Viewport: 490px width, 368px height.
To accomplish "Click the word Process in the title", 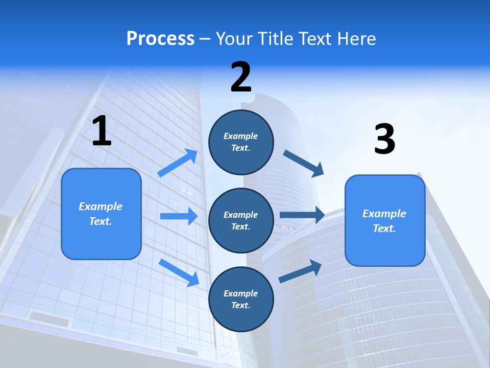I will click(160, 39).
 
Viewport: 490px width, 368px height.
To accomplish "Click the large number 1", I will click(102, 131).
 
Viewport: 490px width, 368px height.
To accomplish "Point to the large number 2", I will click(241, 77).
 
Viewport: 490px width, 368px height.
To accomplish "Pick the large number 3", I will click(384, 139).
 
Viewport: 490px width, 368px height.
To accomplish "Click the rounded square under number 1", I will click(101, 214).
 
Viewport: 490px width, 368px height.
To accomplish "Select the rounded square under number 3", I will click(385, 221).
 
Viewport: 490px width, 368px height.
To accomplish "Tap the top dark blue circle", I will click(241, 142).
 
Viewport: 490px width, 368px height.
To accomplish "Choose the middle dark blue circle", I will click(241, 221).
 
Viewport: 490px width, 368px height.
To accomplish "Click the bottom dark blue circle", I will click(241, 300).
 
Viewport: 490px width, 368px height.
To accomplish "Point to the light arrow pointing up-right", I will click(178, 163).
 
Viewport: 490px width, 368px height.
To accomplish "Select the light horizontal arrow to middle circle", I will click(179, 216).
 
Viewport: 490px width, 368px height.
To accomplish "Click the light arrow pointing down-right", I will click(179, 272).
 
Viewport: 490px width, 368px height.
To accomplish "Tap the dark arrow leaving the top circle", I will click(304, 163).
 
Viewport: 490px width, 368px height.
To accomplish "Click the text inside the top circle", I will click(241, 142).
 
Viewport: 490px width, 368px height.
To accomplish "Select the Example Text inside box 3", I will click(384, 221).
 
